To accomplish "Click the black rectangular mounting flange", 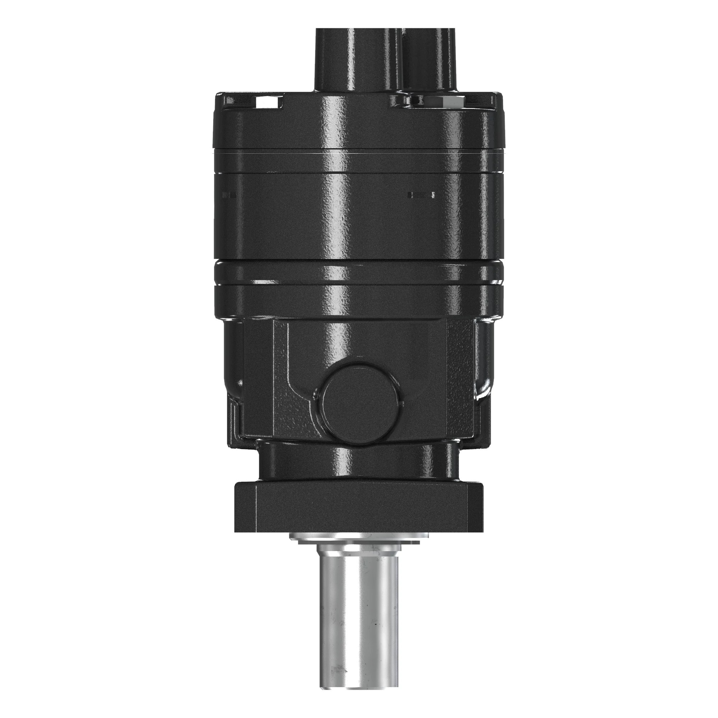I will (359, 507).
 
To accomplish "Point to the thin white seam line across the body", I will (359, 152).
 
